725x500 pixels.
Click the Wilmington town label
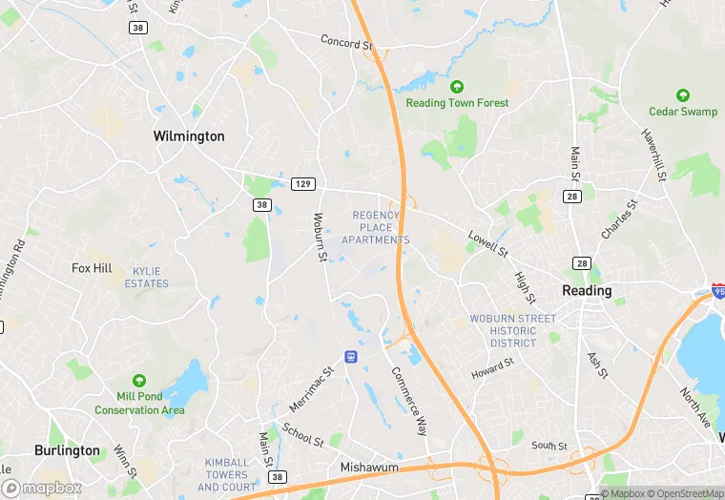pyautogui.click(x=189, y=136)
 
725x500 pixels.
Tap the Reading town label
pyautogui.click(x=587, y=290)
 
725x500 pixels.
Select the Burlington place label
pyautogui.click(x=67, y=450)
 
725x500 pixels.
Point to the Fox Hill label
pyautogui.click(x=92, y=268)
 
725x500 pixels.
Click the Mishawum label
pyautogui.click(x=368, y=469)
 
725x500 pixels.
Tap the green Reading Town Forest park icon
pyautogui.click(x=457, y=87)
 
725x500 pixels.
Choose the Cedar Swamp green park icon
pyautogui.click(x=683, y=95)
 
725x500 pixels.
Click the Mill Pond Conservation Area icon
pyautogui.click(x=140, y=381)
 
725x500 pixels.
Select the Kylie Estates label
pyautogui.click(x=146, y=277)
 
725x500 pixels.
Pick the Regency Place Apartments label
pyautogui.click(x=381, y=227)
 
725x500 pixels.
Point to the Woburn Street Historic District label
pyautogui.click(x=512, y=330)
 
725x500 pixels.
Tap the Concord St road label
pyautogui.click(x=345, y=42)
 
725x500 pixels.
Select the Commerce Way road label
pyautogui.click(x=409, y=402)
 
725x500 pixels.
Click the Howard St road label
pyautogui.click(x=493, y=368)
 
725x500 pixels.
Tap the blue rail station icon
pyautogui.click(x=351, y=357)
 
